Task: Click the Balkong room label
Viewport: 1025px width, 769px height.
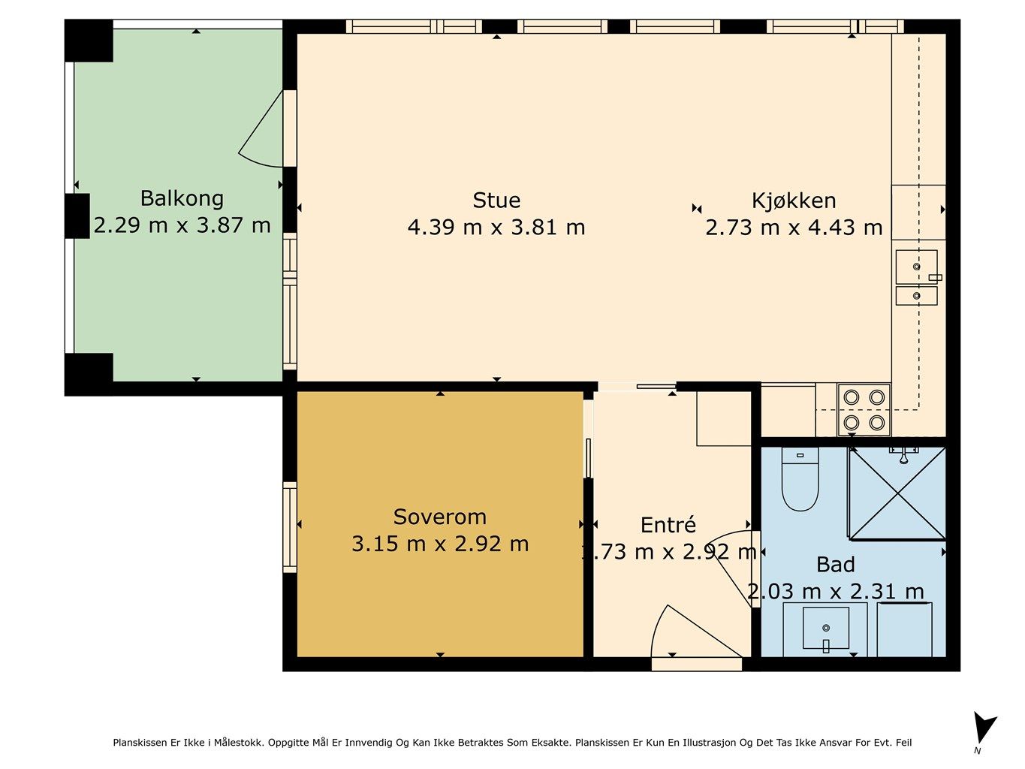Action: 182,198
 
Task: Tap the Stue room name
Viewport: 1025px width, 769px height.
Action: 496,201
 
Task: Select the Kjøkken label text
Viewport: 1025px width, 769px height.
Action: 794,201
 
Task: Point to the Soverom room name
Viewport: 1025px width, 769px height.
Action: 440,517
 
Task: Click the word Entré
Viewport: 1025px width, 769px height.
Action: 668,524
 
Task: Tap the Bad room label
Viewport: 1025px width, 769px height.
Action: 836,565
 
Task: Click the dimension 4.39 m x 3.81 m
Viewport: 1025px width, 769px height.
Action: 496,228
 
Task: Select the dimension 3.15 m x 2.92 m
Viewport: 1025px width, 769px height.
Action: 440,544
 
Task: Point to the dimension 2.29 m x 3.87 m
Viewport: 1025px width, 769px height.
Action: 182,225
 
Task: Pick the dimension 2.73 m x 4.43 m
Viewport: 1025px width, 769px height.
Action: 794,228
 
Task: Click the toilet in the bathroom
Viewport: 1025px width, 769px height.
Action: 800,478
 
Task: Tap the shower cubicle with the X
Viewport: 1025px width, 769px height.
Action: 897,493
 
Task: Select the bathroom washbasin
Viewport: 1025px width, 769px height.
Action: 825,628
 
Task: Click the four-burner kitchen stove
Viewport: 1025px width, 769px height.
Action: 864,410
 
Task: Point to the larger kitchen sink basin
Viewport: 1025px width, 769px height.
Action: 917,267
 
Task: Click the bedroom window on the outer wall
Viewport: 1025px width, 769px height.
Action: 290,527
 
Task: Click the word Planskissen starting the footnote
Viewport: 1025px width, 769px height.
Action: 140,742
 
